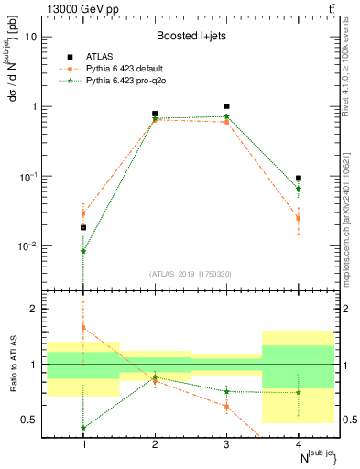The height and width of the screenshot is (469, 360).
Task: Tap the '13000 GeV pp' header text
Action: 82,9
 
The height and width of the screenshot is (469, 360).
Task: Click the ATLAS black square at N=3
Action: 227,106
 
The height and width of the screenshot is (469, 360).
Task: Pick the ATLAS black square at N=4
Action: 299,178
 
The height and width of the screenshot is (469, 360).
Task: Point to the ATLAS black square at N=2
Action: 155,114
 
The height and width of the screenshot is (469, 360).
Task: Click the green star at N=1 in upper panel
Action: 83,251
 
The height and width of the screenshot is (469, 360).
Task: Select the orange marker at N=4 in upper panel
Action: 299,218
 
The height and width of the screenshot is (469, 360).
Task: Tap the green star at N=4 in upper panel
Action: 299,189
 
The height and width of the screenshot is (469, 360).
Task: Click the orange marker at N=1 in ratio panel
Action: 83,327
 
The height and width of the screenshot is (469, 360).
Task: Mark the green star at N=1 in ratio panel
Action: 83,428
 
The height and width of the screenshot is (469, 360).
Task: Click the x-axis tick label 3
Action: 227,444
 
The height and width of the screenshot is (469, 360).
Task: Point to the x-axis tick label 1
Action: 83,444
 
